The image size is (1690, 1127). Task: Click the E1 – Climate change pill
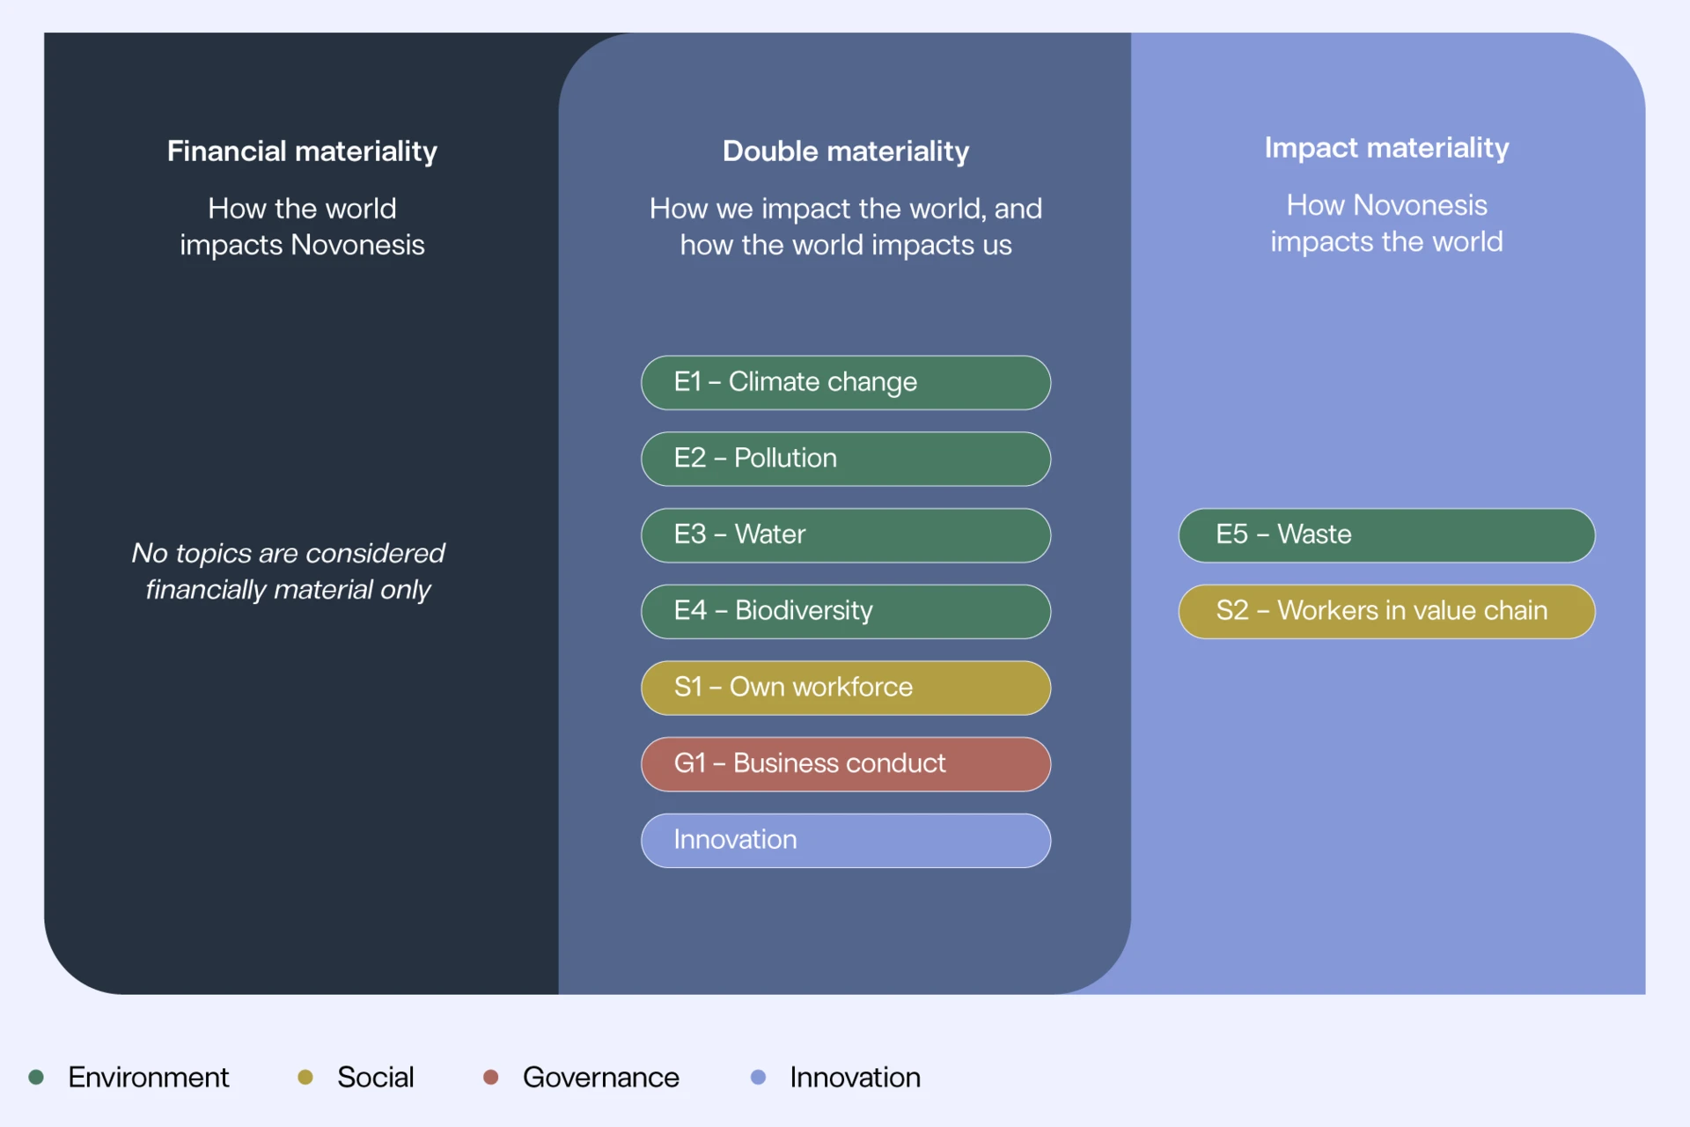(x=845, y=382)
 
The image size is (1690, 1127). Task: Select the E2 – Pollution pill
(x=845, y=459)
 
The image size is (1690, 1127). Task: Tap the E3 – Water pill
(x=845, y=535)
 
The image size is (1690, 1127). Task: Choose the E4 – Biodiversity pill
(x=845, y=611)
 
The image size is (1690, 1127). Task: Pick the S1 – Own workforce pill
(x=845, y=688)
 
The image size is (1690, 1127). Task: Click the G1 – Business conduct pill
(x=845, y=763)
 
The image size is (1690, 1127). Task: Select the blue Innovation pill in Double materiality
(x=845, y=840)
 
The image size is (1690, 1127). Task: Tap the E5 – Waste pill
(x=1386, y=535)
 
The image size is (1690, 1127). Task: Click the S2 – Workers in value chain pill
(x=1386, y=611)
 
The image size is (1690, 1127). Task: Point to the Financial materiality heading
(x=302, y=151)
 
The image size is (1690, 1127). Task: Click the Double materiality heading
(x=845, y=151)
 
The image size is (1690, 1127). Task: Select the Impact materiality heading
(x=1386, y=148)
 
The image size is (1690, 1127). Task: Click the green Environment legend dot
(x=36, y=1077)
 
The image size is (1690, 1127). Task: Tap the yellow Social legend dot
(x=305, y=1077)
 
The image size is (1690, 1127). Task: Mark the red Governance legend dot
(x=491, y=1077)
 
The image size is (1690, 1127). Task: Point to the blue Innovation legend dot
(x=758, y=1077)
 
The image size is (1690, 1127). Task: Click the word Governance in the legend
(x=600, y=1078)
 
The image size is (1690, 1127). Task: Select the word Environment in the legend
(x=148, y=1078)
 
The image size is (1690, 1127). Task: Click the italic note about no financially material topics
(x=288, y=571)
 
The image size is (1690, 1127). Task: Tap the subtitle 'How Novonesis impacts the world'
(x=1386, y=224)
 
